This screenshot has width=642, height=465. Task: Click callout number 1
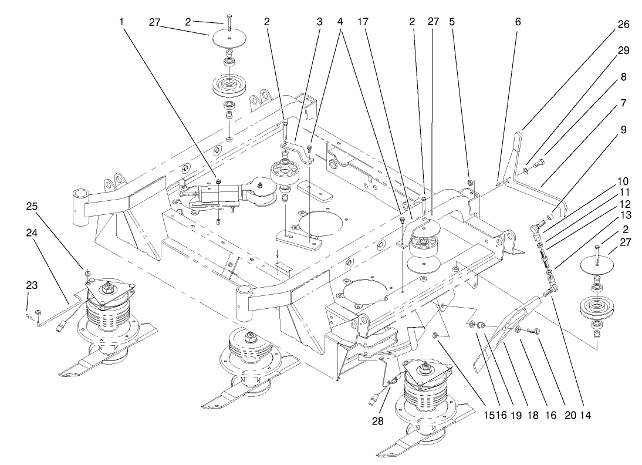point(121,22)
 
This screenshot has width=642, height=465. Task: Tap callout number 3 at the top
point(319,22)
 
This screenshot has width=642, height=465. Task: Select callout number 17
point(363,22)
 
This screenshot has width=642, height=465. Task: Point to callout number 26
point(623,25)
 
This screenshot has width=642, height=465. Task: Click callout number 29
point(623,50)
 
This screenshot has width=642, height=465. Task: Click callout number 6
point(517,22)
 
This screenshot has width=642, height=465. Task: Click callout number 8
point(623,76)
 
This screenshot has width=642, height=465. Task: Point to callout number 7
point(623,103)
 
